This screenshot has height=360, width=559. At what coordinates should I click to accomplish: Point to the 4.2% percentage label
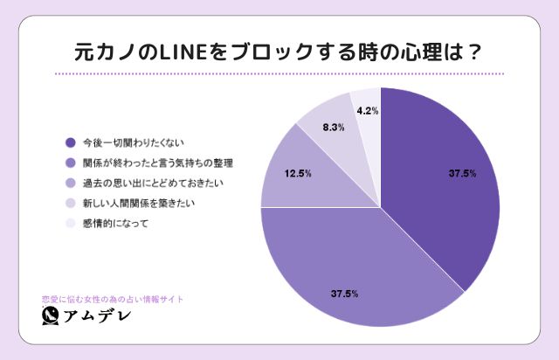pos(367,111)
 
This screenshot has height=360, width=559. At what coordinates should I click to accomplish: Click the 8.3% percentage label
pos(333,128)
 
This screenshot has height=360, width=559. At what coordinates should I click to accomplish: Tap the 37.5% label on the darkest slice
pos(462,174)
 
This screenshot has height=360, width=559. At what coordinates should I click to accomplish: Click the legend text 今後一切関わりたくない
pos(134,142)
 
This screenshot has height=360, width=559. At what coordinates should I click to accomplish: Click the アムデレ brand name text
pos(98,316)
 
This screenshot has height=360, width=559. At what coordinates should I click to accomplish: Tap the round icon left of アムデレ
pos(51,316)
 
